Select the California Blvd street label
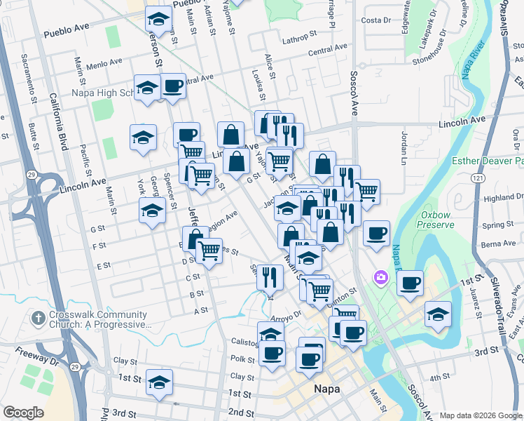tap(58, 123)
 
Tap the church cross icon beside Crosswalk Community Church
tap(39, 319)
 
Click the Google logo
tap(23, 413)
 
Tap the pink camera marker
tap(381, 278)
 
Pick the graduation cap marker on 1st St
tap(160, 383)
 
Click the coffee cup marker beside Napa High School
tap(173, 87)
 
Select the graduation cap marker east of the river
tap(438, 315)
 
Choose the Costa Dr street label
tap(376, 20)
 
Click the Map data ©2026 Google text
tap(480, 415)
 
